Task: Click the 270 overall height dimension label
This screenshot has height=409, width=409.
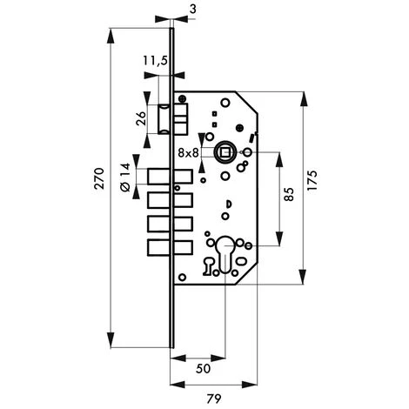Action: pyautogui.click(x=99, y=178)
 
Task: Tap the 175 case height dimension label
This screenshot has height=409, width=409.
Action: pyautogui.click(x=312, y=180)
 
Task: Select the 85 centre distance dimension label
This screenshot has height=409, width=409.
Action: pyautogui.click(x=289, y=194)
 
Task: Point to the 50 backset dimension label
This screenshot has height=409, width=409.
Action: pyautogui.click(x=203, y=369)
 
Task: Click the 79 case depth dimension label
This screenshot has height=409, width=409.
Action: pyautogui.click(x=214, y=399)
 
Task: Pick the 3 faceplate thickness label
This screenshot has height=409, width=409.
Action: pyautogui.click(x=193, y=9)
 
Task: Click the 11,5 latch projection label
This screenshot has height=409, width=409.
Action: pyautogui.click(x=156, y=61)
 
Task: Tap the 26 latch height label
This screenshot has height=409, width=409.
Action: pyautogui.click(x=141, y=117)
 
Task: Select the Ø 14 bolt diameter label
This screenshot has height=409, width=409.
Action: pyautogui.click(x=125, y=178)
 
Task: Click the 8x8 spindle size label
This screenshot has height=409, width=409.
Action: pyautogui.click(x=188, y=152)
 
